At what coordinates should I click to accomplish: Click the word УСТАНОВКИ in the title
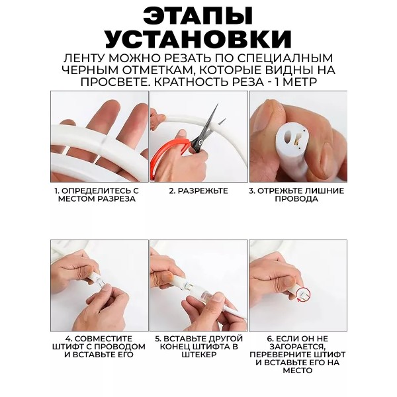point(198,40)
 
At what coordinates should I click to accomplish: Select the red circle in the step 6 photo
point(303,294)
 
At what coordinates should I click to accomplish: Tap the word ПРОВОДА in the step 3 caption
point(296,198)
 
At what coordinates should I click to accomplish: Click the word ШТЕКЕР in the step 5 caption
point(198,355)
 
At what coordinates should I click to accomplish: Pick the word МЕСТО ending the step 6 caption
point(298,371)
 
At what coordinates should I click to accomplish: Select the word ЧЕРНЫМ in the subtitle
point(89,70)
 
